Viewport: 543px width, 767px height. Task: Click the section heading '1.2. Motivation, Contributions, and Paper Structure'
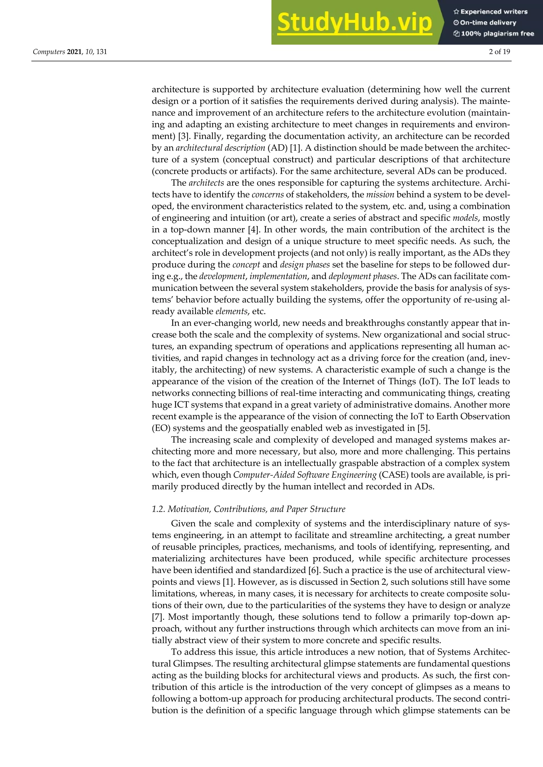pos(248,509)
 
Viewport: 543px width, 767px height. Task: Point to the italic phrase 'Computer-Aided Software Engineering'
pos(305,475)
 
